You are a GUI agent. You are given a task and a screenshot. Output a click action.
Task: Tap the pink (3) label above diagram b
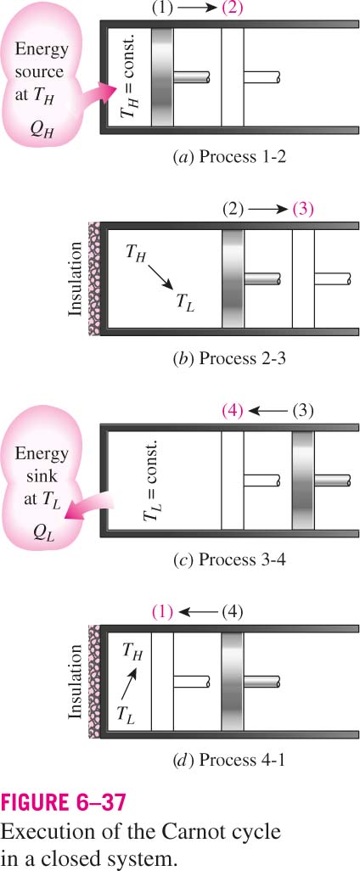pyautogui.click(x=303, y=210)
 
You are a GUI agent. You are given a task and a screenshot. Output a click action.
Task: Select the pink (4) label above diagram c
pyautogui.click(x=233, y=412)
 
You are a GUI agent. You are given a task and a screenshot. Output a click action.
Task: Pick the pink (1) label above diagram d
pyautogui.click(x=162, y=613)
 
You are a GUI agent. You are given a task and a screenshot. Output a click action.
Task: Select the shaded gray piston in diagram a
pyautogui.click(x=162, y=76)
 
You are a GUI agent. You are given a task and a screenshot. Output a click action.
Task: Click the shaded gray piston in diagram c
pyautogui.click(x=303, y=480)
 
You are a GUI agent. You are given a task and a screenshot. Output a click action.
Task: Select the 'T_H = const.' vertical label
pyautogui.click(x=129, y=77)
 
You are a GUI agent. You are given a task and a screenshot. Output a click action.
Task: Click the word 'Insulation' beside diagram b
pyautogui.click(x=77, y=278)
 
